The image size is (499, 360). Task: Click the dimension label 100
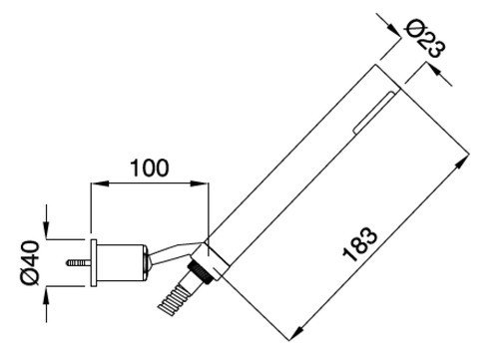tap(150, 168)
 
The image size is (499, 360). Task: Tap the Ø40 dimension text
tap(30, 262)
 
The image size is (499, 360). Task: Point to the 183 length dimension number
tap(360, 244)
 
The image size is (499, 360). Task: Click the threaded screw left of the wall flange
tap(79, 263)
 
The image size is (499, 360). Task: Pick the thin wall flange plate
tap(94, 263)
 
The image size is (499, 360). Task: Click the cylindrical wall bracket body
tap(121, 263)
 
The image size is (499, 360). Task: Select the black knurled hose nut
tap(202, 271)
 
